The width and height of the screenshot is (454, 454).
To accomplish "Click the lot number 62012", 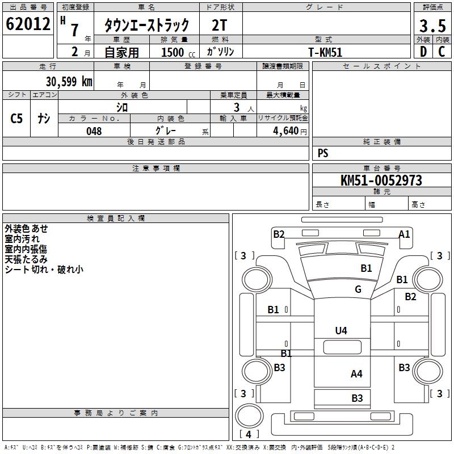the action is tap(28, 24).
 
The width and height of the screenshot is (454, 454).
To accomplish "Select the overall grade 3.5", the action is tap(432, 26).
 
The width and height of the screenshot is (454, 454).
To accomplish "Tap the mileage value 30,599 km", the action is tap(69, 82).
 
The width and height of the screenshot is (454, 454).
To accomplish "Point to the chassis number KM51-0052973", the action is tap(381, 180).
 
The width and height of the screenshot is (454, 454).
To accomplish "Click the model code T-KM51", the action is tap(325, 52).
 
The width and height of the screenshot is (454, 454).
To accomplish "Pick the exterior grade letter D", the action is tap(423, 52).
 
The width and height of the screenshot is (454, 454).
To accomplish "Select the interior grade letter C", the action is tap(442, 52).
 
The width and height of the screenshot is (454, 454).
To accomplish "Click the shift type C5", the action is tap(16, 119).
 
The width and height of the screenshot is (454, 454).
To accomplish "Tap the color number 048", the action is tap(94, 131).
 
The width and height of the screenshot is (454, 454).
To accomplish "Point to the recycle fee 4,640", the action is tap(285, 131).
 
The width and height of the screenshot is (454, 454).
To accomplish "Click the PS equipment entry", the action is tap(323, 153).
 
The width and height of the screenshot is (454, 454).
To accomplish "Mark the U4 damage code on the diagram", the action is tap(341, 330).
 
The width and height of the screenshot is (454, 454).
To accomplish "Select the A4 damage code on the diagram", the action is tap(356, 374).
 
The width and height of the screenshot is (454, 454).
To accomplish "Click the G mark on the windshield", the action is tap(358, 289).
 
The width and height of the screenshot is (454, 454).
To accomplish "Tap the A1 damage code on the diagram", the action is tap(404, 234).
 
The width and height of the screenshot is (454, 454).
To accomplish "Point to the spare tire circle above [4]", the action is tap(249, 415).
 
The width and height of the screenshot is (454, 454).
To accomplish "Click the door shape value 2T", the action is tap(220, 25).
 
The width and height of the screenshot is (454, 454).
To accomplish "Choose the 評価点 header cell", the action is tap(432, 7).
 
